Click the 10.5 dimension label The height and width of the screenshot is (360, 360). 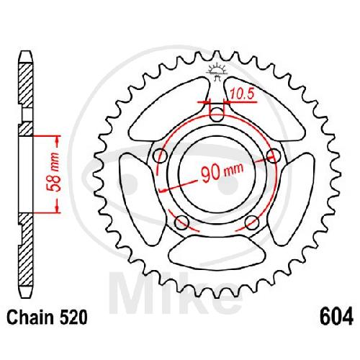click(x=242, y=94)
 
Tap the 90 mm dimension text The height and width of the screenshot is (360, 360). click(x=222, y=172)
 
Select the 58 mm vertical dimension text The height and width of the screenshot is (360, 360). click(x=53, y=172)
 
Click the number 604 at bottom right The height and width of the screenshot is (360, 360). click(x=336, y=317)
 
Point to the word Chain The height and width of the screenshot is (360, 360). click(x=30, y=317)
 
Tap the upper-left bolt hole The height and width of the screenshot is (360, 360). click(x=161, y=156)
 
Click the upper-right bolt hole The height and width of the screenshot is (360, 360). click(x=274, y=156)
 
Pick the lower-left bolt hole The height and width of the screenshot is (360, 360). click(x=181, y=222)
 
